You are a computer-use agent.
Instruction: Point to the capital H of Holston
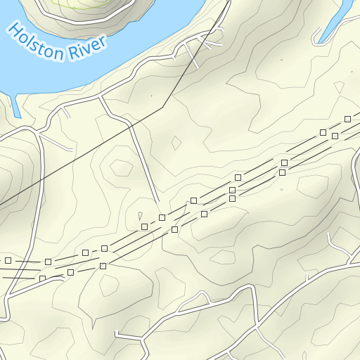tap(15, 30)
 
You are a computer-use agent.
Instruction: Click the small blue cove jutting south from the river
tap(15, 104)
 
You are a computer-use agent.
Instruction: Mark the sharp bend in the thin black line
tap(163, 107)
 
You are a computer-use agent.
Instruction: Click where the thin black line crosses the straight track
tap(131, 124)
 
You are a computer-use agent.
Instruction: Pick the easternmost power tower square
tap(347, 119)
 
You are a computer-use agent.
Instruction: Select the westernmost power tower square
tap(8, 260)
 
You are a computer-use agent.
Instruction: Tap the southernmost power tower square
tap(42, 278)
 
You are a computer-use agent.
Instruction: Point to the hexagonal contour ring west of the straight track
tap(121, 168)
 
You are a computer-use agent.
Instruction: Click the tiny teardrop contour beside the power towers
tap(141, 215)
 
